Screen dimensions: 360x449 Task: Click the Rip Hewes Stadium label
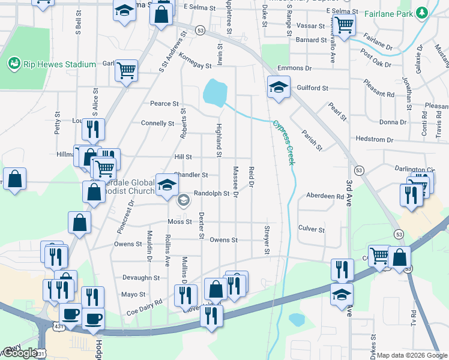coord(59,64)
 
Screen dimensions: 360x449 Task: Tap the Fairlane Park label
coord(391,12)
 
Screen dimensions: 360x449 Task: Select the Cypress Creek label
coord(285,136)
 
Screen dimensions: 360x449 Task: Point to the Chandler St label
coord(191,175)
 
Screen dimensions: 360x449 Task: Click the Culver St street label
coord(311,229)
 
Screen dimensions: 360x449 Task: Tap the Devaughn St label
coord(140,278)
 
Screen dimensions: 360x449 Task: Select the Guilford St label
coord(312,88)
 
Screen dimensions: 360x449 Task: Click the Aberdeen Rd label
coord(325,196)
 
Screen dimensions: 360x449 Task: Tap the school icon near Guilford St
coord(279,88)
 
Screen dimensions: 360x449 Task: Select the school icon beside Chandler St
coord(167,184)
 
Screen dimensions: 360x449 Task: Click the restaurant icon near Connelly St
coord(93,129)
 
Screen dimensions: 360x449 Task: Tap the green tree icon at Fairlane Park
coord(422,12)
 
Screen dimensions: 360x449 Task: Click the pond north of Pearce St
coord(214,92)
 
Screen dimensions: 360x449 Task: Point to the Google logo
coord(19,353)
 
